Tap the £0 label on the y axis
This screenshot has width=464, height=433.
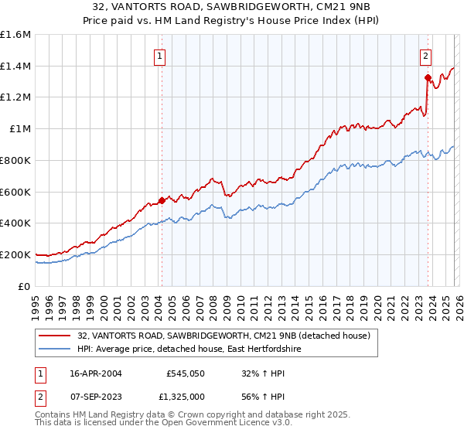[x=25, y=286]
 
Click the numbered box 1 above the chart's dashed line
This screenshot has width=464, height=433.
[x=160, y=55]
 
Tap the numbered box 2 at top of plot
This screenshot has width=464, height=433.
[x=426, y=55]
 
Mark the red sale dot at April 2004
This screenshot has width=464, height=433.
[x=162, y=200]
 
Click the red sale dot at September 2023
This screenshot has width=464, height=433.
[x=428, y=77]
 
